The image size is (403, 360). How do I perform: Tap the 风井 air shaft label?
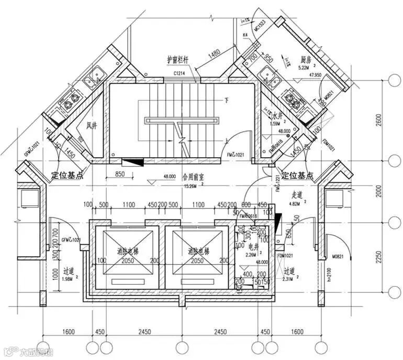[x=92, y=125]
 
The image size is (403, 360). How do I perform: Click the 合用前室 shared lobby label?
[x=193, y=177]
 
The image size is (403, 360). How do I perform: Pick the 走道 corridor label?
[x=296, y=195]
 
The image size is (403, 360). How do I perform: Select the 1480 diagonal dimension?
[x=214, y=53]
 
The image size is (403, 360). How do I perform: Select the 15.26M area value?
[x=190, y=185]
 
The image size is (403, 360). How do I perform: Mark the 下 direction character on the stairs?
[x=227, y=99]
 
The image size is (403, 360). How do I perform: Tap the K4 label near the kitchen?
[x=245, y=35]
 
